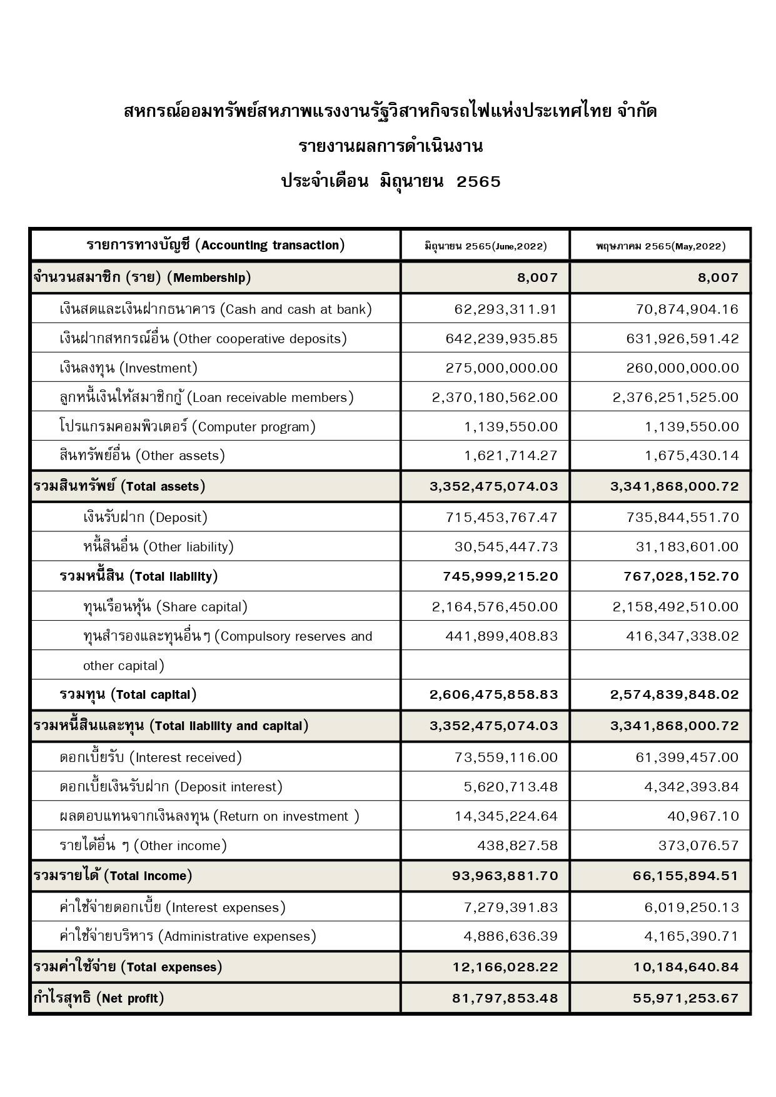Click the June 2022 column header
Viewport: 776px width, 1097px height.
(x=485, y=246)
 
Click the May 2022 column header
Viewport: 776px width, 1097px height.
(x=660, y=246)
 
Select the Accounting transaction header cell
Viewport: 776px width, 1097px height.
(x=215, y=245)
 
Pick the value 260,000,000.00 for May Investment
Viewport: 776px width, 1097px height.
(x=682, y=368)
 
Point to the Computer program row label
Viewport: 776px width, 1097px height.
(x=187, y=427)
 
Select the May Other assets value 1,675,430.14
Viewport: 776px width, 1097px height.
(x=692, y=456)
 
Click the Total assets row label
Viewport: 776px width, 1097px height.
(x=119, y=486)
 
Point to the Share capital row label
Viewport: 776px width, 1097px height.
(x=165, y=607)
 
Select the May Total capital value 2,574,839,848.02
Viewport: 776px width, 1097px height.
(x=675, y=694)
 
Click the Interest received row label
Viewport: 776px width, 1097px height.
(x=151, y=758)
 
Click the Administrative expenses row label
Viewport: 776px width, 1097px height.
(x=188, y=936)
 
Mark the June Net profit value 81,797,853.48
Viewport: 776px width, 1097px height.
(x=505, y=998)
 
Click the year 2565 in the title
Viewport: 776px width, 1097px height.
(x=479, y=182)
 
